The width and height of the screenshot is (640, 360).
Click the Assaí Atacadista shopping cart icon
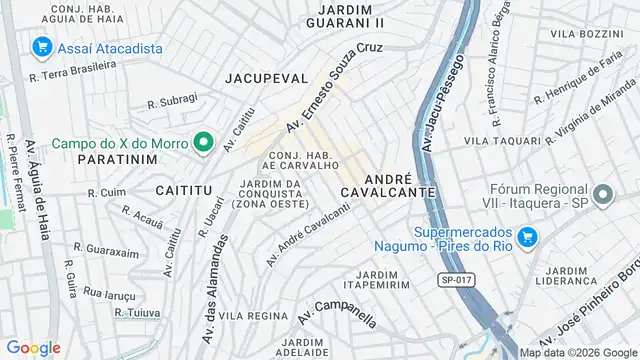pyautogui.click(x=42, y=46)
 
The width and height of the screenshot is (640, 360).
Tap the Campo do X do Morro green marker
pyautogui.click(x=204, y=142)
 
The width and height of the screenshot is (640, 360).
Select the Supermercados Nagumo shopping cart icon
pyautogui.click(x=527, y=237)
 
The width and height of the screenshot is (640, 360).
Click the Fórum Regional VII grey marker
pyautogui.click(x=601, y=193)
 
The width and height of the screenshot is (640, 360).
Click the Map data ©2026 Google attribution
pyautogui.click(x=578, y=351)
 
